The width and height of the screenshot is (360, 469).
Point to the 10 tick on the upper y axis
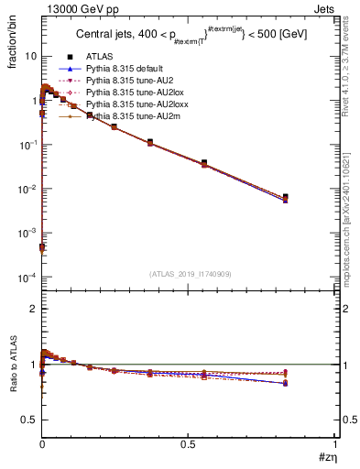[x=30, y=56]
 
